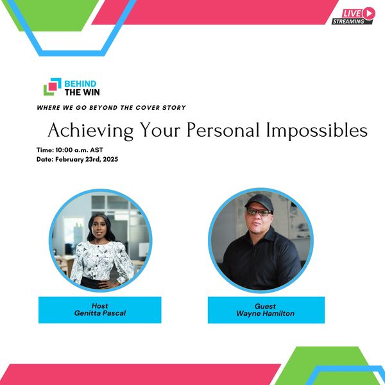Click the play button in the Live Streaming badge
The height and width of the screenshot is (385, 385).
[x=368, y=13]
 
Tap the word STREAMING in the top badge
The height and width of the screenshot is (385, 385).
[x=348, y=21]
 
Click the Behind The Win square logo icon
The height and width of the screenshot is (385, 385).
[x=53, y=87]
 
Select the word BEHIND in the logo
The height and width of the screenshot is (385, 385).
[x=80, y=83]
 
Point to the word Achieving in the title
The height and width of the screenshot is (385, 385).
[x=90, y=131]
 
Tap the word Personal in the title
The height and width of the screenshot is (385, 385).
[x=223, y=130]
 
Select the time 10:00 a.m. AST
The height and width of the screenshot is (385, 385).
[x=79, y=150]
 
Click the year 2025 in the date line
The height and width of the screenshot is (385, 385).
[x=110, y=159]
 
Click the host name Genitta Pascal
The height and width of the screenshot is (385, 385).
[x=100, y=313]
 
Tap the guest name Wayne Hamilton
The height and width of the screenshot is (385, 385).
[x=265, y=314]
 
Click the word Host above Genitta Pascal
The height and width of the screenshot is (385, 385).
[x=99, y=306]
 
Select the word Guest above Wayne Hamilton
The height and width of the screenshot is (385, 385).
[x=265, y=306]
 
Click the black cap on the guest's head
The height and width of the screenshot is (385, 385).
[x=259, y=202]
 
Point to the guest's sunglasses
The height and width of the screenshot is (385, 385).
[x=259, y=212]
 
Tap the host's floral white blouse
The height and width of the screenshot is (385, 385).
[x=102, y=261]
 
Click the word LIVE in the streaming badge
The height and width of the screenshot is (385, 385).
[x=352, y=13]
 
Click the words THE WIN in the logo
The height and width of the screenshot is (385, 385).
[x=82, y=92]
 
